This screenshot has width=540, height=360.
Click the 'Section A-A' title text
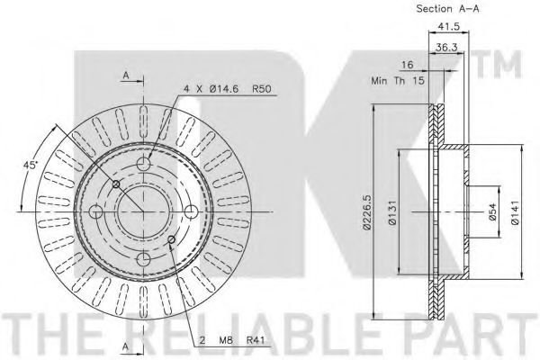pyautogui.click(x=447, y=9)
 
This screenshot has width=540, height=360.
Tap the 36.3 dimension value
pyautogui.click(x=446, y=47)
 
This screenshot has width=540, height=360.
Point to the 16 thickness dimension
pyautogui.click(x=407, y=65)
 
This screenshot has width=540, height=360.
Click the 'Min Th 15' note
pyautogui.click(x=398, y=81)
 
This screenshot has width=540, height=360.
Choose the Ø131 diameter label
pyautogui.click(x=392, y=213)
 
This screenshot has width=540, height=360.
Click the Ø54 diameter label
pyautogui.click(x=493, y=212)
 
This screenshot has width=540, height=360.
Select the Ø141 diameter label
pyautogui.click(x=515, y=213)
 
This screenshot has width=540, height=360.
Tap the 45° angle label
pyautogui.click(x=30, y=165)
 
